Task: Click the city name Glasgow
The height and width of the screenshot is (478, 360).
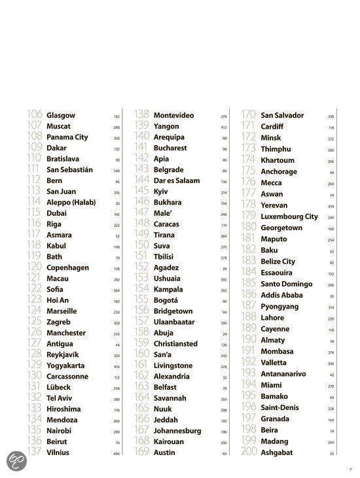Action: (61, 116)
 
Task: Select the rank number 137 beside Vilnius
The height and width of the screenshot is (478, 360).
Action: (35, 452)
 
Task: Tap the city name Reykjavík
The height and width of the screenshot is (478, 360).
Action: (66, 354)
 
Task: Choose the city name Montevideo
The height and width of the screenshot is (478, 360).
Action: (173, 116)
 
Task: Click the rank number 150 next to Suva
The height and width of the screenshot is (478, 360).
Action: (142, 246)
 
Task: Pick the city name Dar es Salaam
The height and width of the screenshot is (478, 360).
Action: (176, 180)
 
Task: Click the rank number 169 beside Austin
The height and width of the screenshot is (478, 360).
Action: (142, 452)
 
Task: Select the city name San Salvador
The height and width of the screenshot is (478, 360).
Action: (283, 116)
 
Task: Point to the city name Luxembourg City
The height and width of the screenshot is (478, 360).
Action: (289, 216)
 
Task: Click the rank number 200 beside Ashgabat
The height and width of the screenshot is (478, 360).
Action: (250, 452)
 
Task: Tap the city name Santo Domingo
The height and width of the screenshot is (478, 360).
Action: (286, 284)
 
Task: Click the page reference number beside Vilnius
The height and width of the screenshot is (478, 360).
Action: (117, 453)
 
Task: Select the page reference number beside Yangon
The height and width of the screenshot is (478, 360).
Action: (224, 127)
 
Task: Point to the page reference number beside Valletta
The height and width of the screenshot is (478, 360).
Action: (331, 364)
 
